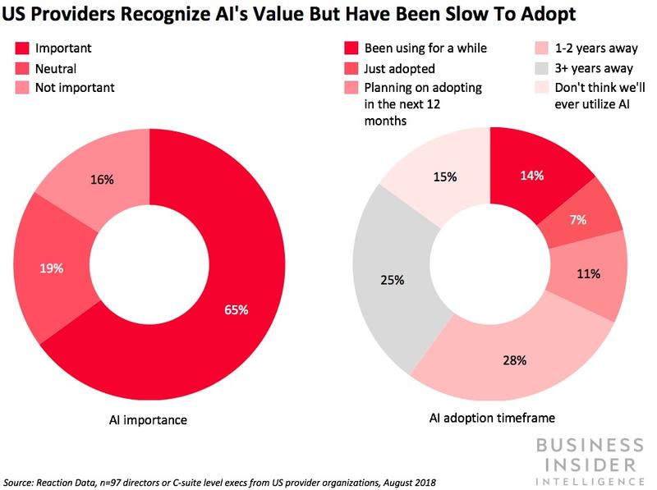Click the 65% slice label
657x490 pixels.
point(237,310)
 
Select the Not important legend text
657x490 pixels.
point(74,87)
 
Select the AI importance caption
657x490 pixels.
point(149,420)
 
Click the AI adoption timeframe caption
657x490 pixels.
point(490,417)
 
